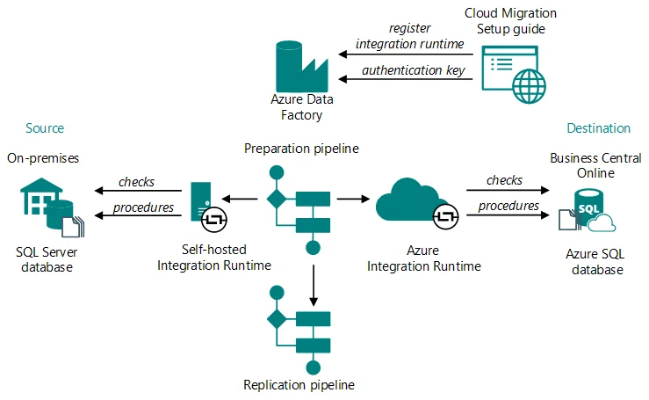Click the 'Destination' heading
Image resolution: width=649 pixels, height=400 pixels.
click(598, 128)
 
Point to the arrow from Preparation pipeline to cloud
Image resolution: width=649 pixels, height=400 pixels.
click(350, 200)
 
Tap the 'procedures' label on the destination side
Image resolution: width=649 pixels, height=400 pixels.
click(508, 206)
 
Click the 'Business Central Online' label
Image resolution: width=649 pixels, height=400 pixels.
click(589, 164)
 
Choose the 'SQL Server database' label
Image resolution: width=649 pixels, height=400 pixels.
click(43, 259)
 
